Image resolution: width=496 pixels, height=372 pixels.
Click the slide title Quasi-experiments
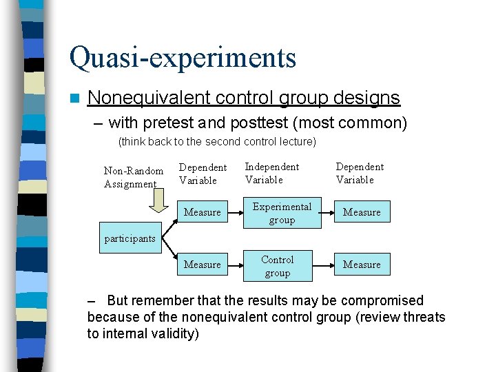click(x=183, y=58)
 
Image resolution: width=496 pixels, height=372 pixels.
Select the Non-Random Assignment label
click(x=133, y=177)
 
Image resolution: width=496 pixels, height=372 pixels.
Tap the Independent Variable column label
click(x=271, y=173)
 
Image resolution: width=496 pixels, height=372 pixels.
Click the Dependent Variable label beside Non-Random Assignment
click(x=203, y=174)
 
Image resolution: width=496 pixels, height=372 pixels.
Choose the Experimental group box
click(x=282, y=213)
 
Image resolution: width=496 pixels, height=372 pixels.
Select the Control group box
click(x=278, y=266)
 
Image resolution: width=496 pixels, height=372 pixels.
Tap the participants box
click(x=130, y=238)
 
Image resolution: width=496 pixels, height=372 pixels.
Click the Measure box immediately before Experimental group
click(x=202, y=212)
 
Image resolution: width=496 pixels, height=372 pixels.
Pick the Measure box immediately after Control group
click(x=362, y=265)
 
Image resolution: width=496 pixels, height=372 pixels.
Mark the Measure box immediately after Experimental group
click(x=362, y=212)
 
